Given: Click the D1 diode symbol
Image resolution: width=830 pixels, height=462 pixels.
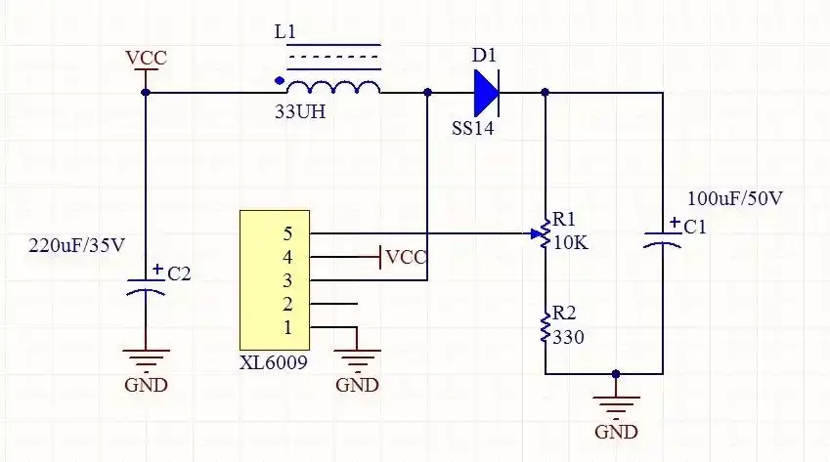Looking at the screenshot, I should point(486,93).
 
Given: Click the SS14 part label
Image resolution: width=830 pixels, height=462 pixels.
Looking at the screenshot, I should point(474,129).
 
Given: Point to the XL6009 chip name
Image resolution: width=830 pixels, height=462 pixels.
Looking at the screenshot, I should point(275,361).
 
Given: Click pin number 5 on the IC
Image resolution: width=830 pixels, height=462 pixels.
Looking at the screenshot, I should point(287,233).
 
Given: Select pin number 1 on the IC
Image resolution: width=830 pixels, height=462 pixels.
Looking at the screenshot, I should point(287,326).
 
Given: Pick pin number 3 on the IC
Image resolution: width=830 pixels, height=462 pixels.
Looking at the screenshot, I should point(287,280).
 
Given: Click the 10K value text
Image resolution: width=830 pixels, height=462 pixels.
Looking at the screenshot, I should point(571,243).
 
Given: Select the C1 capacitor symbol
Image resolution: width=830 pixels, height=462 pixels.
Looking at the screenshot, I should point(664,239).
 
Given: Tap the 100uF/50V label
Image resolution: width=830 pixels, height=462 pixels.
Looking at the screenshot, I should point(735,199).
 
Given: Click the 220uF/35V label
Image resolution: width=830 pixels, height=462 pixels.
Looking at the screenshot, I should point(76,245).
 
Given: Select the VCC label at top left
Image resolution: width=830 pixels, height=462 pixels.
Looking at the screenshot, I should point(146,59).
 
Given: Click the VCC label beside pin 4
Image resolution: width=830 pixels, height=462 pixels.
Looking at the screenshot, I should point(407,258).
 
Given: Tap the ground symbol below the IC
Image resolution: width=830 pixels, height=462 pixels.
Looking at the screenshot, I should point(357,363).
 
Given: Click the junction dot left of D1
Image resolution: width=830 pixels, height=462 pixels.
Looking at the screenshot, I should point(427,93).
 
